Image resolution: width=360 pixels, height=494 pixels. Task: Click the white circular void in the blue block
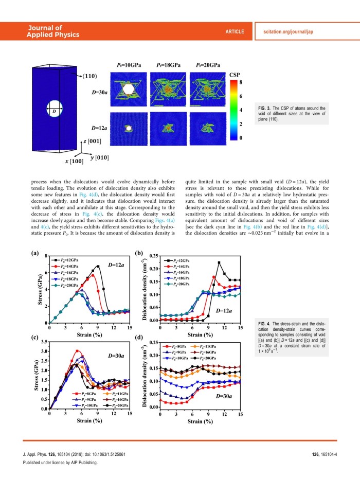tap(52, 110)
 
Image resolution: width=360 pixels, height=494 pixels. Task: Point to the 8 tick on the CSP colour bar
tap(241, 82)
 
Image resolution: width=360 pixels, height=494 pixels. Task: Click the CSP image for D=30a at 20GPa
tap(209, 91)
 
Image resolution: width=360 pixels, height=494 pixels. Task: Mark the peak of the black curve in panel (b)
tap(219, 262)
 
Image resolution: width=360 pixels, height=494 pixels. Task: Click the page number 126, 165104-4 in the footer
tap(325, 454)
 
